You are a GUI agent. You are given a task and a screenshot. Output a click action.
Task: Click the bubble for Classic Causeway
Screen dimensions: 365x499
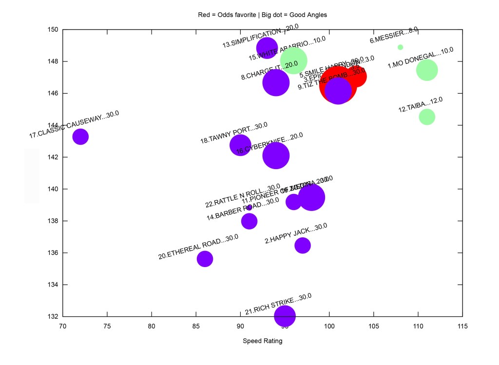[x=80, y=136]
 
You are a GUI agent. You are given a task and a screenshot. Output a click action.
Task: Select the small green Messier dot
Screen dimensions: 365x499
[x=401, y=47]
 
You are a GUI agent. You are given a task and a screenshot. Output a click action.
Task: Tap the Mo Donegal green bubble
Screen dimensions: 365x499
[x=427, y=70]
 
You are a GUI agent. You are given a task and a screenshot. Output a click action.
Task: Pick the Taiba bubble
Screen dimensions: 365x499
[x=427, y=117]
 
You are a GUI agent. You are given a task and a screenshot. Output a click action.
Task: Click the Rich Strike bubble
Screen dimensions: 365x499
[x=285, y=316]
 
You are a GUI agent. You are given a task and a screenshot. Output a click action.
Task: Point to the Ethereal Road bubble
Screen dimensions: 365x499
[x=205, y=259]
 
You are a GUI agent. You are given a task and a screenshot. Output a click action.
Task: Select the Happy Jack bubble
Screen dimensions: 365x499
[x=303, y=246]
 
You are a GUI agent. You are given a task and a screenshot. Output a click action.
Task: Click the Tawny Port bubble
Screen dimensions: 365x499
[x=240, y=145]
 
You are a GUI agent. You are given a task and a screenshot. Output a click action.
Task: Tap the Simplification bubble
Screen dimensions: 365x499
[x=267, y=48]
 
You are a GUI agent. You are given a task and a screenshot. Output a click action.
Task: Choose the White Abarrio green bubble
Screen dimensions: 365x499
[x=293, y=61]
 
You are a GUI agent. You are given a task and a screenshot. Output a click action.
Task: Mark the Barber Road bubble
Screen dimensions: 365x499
[x=249, y=221]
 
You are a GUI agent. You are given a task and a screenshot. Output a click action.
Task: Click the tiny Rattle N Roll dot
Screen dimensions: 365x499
[x=249, y=208]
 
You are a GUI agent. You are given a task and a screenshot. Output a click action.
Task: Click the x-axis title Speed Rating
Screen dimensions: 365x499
[x=262, y=341]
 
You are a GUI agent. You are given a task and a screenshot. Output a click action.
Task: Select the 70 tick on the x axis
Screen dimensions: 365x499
[x=62, y=326]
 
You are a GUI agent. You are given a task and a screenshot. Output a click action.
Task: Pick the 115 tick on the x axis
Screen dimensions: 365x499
[x=462, y=326]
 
